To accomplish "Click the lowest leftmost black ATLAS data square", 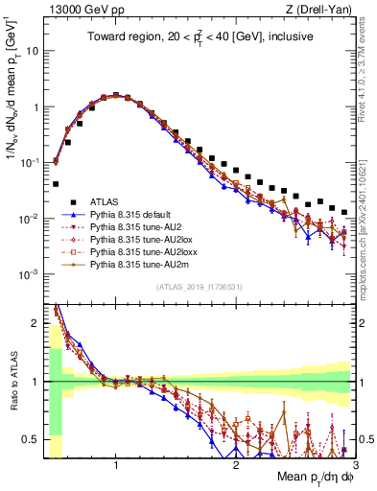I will click(x=56, y=183).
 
